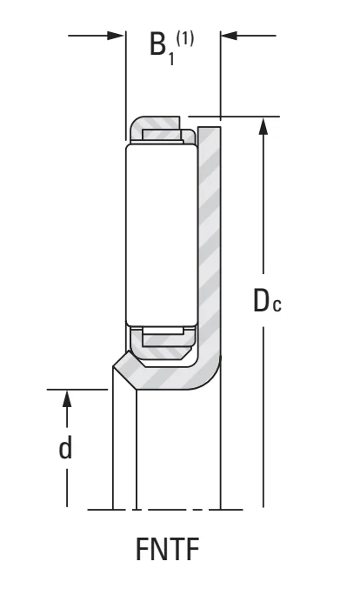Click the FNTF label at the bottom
click(167, 549)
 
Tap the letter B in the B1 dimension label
click(158, 43)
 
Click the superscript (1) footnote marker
click(184, 38)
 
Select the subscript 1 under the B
click(171, 58)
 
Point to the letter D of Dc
click(262, 300)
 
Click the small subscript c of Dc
click(277, 305)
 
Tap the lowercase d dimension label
click(65, 448)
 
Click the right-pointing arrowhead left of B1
click(116, 36)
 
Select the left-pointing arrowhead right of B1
click(229, 36)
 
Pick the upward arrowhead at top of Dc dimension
click(263, 126)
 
